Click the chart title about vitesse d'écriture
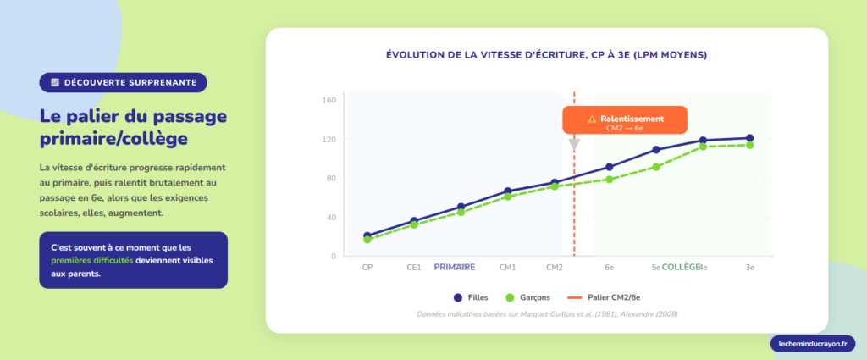(546, 54)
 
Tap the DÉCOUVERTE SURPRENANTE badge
(123, 82)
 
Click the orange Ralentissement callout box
(625, 122)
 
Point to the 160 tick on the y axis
(329, 100)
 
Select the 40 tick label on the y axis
(329, 217)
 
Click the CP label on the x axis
(367, 267)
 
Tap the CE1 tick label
(414, 267)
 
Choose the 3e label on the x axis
(749, 267)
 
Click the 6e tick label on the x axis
(609, 267)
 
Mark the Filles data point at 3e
(749, 138)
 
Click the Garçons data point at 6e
(609, 179)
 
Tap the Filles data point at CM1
(508, 191)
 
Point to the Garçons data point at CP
(367, 240)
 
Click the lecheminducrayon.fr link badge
(813, 343)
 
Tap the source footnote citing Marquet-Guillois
(547, 314)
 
